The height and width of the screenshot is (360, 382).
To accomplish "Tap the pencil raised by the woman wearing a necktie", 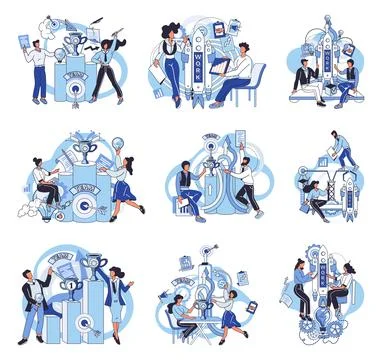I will [118, 36].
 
